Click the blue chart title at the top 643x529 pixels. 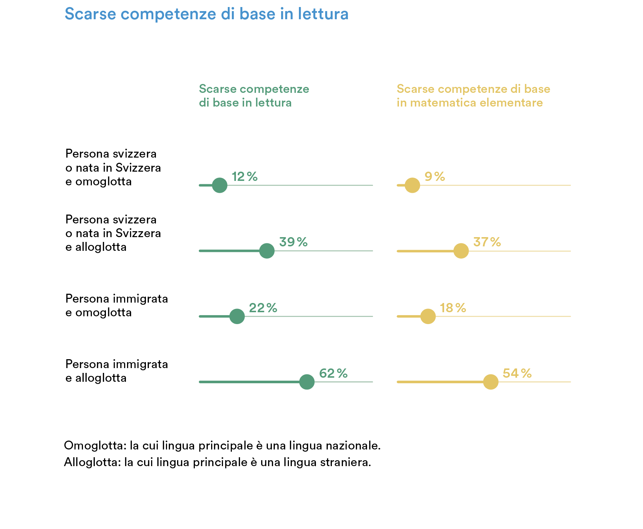pos(207,14)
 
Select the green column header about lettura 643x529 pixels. pos(254,96)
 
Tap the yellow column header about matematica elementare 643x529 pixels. pos(473,96)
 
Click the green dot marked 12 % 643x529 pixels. pos(220,185)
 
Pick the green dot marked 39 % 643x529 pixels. pos(267,251)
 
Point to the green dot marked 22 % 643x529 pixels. pos(237,317)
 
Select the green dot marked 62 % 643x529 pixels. pos(307,382)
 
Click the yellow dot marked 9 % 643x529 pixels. pos(412,185)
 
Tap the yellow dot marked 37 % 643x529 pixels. pos(461,251)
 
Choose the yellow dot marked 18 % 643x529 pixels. pos(428,317)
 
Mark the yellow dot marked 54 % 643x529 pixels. pos(491,382)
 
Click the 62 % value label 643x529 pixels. pos(333,373)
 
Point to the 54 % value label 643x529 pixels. pos(517,373)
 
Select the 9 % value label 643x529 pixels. pos(435,176)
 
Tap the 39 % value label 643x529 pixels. pos(293,242)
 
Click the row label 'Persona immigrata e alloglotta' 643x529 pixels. pos(117,371)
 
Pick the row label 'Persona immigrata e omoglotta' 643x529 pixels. pos(117,306)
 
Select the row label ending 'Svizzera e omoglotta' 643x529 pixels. pos(113,168)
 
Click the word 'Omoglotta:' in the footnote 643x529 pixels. pos(95,445)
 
